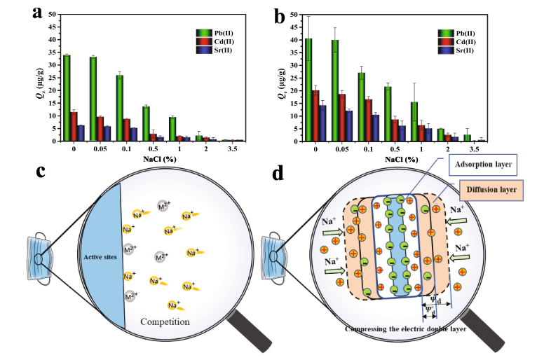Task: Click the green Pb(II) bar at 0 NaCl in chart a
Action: pos(66,98)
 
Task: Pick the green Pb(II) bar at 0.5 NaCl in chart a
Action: pos(146,124)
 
